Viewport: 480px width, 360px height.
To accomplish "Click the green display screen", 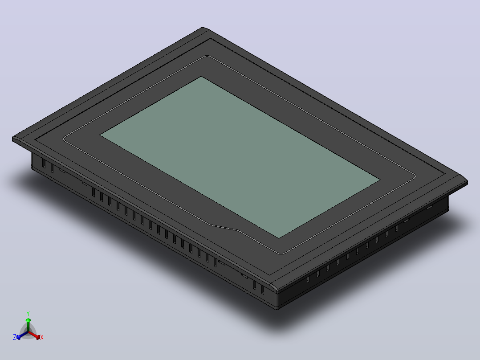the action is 240,157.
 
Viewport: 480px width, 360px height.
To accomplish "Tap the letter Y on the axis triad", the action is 28,313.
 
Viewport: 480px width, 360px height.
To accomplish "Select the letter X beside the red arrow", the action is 42,337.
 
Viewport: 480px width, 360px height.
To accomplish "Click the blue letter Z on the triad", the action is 14,337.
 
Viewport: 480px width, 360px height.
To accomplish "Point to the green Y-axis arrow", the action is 28,325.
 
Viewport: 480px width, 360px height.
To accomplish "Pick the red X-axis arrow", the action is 34,335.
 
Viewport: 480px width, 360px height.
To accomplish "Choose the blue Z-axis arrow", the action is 22,335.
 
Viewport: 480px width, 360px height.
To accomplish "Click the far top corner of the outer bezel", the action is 203,28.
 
